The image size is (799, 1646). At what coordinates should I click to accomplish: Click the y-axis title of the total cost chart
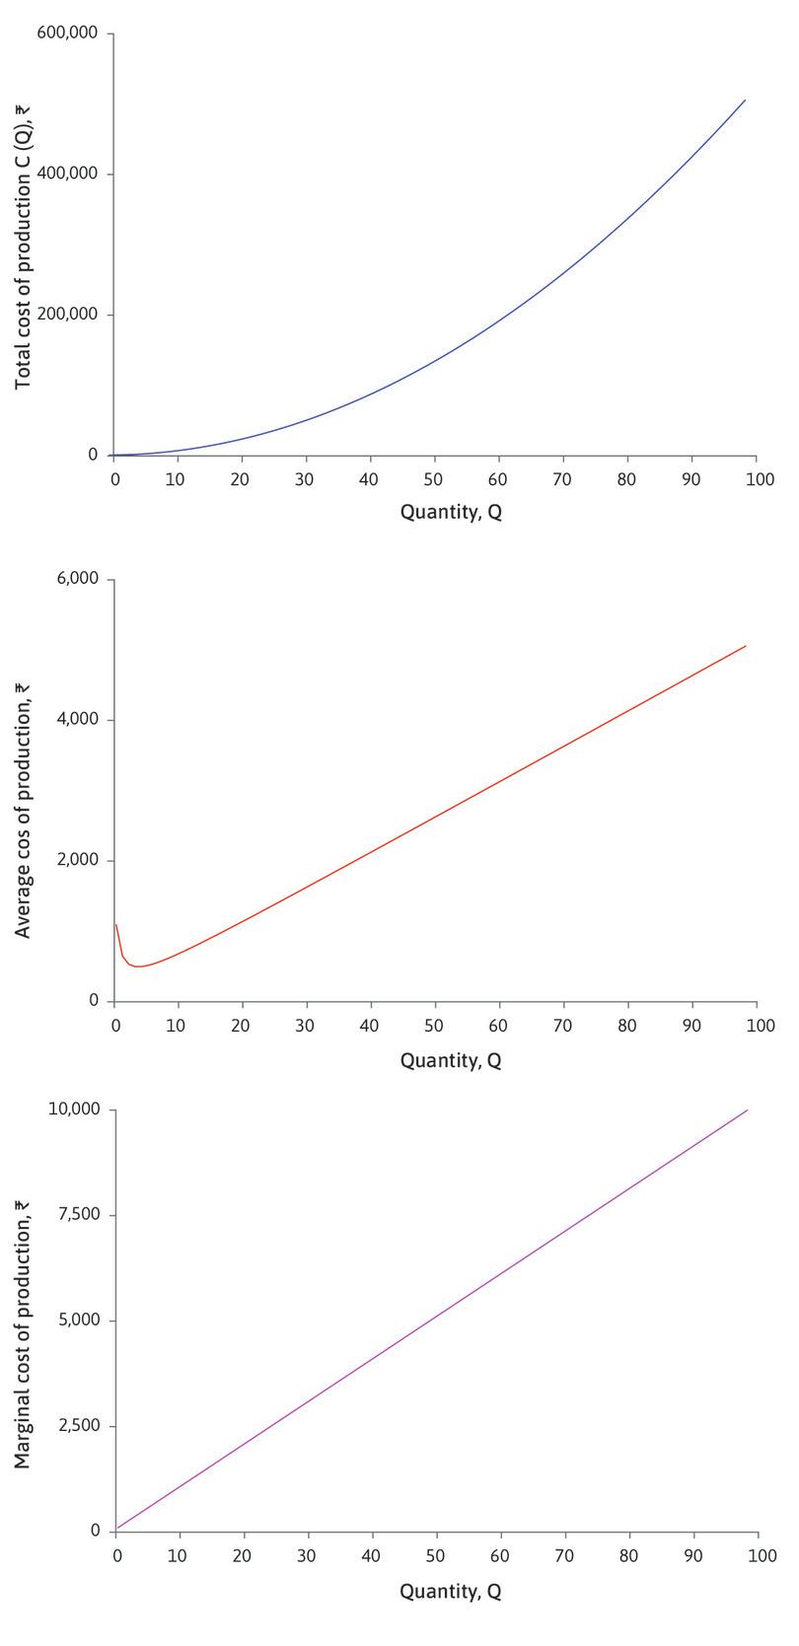24,245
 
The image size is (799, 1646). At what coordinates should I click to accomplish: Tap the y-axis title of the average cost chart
24,789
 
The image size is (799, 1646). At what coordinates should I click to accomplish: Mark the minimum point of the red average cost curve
140,966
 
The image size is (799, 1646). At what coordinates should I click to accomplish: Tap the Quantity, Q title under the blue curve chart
451,513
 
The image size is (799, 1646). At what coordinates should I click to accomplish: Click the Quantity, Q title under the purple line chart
451,1591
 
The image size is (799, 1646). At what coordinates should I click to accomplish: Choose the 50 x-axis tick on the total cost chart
435,478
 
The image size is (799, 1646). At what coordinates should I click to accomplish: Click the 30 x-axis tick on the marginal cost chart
307,1555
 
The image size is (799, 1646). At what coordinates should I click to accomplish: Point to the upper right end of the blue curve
745,100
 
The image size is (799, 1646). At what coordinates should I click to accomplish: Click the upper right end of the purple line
748,1110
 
